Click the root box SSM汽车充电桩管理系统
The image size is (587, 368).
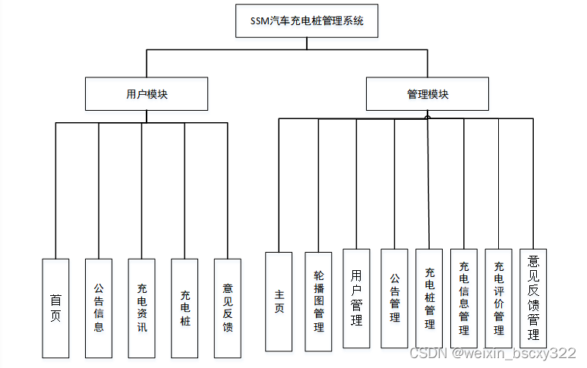[307, 21]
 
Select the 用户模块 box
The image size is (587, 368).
[147, 95]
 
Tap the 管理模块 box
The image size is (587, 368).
[428, 95]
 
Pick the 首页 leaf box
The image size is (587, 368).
[55, 308]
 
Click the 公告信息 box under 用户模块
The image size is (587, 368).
[99, 308]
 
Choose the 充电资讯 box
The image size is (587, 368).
[141, 308]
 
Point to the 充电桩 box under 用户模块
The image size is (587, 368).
[185, 308]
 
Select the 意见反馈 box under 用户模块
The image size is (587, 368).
[228, 308]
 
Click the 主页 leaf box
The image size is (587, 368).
[279, 301]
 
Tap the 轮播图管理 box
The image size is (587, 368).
[318, 301]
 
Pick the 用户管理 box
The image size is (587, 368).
[356, 298]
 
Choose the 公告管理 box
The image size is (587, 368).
[394, 298]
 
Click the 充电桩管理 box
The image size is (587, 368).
[429, 298]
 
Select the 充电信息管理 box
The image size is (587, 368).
[464, 298]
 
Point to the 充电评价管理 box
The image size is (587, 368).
[499, 298]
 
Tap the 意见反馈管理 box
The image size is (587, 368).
[534, 298]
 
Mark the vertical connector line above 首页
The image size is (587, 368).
[55, 190]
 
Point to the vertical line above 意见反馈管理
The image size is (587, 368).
[534, 183]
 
